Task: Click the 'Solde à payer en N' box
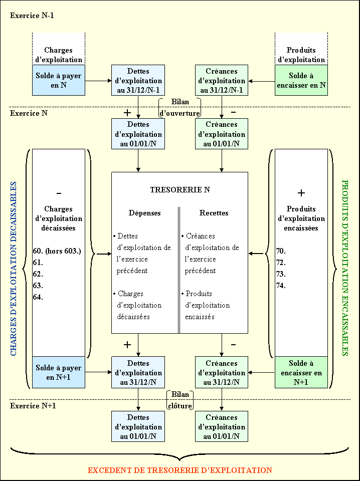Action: (x=58, y=80)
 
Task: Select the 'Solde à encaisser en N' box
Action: (x=301, y=80)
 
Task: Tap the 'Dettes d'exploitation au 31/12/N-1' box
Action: (x=138, y=80)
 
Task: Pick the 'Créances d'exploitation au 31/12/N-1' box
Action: (x=221, y=80)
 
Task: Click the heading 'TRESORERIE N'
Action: (x=179, y=190)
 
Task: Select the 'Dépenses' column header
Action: (x=145, y=213)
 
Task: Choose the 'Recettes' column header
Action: (x=214, y=213)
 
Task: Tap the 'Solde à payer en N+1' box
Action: (x=58, y=372)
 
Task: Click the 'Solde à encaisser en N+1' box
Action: (x=301, y=372)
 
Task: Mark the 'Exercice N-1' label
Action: (x=32, y=16)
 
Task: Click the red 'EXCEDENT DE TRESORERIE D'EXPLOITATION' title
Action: (x=179, y=470)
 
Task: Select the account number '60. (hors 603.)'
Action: (x=57, y=251)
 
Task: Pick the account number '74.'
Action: (x=281, y=286)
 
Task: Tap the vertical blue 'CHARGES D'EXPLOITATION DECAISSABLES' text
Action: (x=14, y=269)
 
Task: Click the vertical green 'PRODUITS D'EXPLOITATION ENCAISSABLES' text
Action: (x=345, y=268)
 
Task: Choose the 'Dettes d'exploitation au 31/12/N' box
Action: (x=138, y=373)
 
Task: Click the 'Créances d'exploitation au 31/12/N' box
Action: (x=221, y=373)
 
